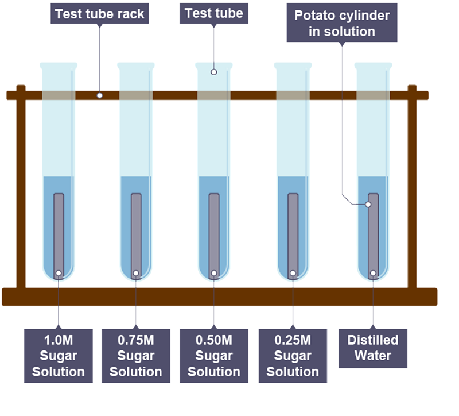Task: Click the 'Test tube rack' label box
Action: (x=100, y=13)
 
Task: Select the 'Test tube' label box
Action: (x=214, y=13)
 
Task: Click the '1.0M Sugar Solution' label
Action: (x=58, y=356)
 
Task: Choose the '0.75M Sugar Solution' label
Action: (x=136, y=356)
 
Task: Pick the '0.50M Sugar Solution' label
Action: (x=214, y=356)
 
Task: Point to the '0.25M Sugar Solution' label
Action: (x=293, y=356)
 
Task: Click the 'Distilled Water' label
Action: (x=373, y=348)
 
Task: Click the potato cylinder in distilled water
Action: (x=373, y=236)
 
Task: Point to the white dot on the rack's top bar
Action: (x=100, y=95)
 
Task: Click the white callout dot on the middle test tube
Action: (x=214, y=72)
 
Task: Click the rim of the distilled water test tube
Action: (x=373, y=65)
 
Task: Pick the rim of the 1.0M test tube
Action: (x=58, y=65)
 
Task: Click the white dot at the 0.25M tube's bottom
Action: (x=293, y=274)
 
